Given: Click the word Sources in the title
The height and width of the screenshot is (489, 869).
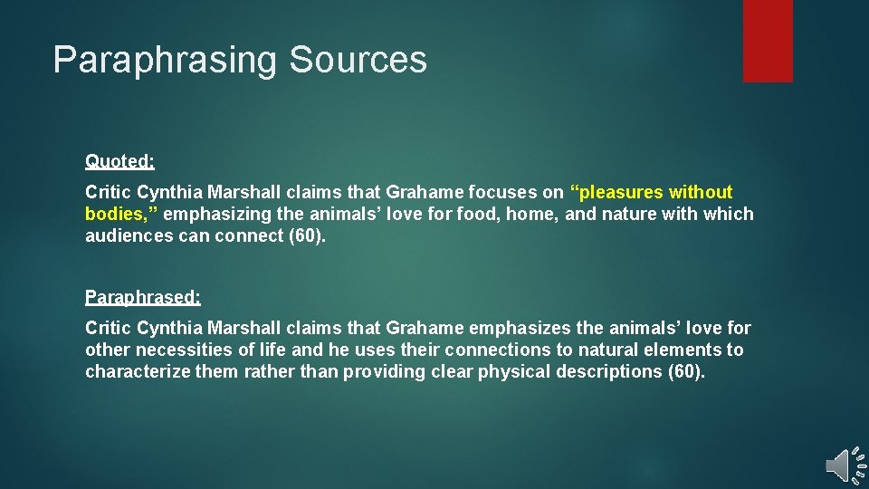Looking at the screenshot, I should pos(358,60).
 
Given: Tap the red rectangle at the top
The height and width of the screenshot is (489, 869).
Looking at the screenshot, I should pos(768,41).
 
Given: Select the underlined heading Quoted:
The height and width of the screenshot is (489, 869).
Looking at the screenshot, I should pos(119,161).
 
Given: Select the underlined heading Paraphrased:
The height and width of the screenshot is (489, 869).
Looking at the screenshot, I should pos(143,297).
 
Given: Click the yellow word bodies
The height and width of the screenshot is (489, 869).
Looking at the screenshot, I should pos(118,214).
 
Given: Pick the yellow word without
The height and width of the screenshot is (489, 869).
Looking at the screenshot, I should pos(701,192).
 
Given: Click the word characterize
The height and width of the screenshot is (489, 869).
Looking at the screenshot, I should pos(138,371).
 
